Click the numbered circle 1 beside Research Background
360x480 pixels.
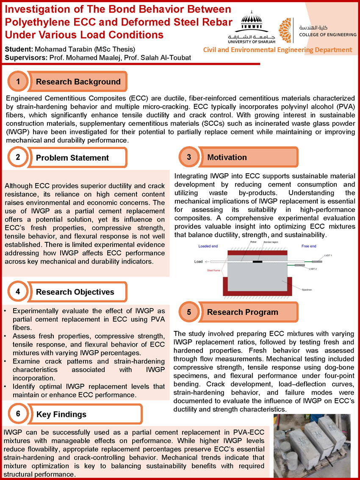point(18,81)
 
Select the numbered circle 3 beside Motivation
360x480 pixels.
point(189,157)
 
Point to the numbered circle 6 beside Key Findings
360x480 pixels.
point(18,414)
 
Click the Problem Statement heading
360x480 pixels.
point(72,158)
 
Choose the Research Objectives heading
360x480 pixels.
point(75,292)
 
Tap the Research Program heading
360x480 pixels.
point(242,312)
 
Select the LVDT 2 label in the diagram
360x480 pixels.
point(313,269)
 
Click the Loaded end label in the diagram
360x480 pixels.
point(208,246)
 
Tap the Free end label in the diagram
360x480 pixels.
point(309,246)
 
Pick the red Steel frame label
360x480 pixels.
point(213,270)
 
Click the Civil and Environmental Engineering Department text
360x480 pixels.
point(277,50)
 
